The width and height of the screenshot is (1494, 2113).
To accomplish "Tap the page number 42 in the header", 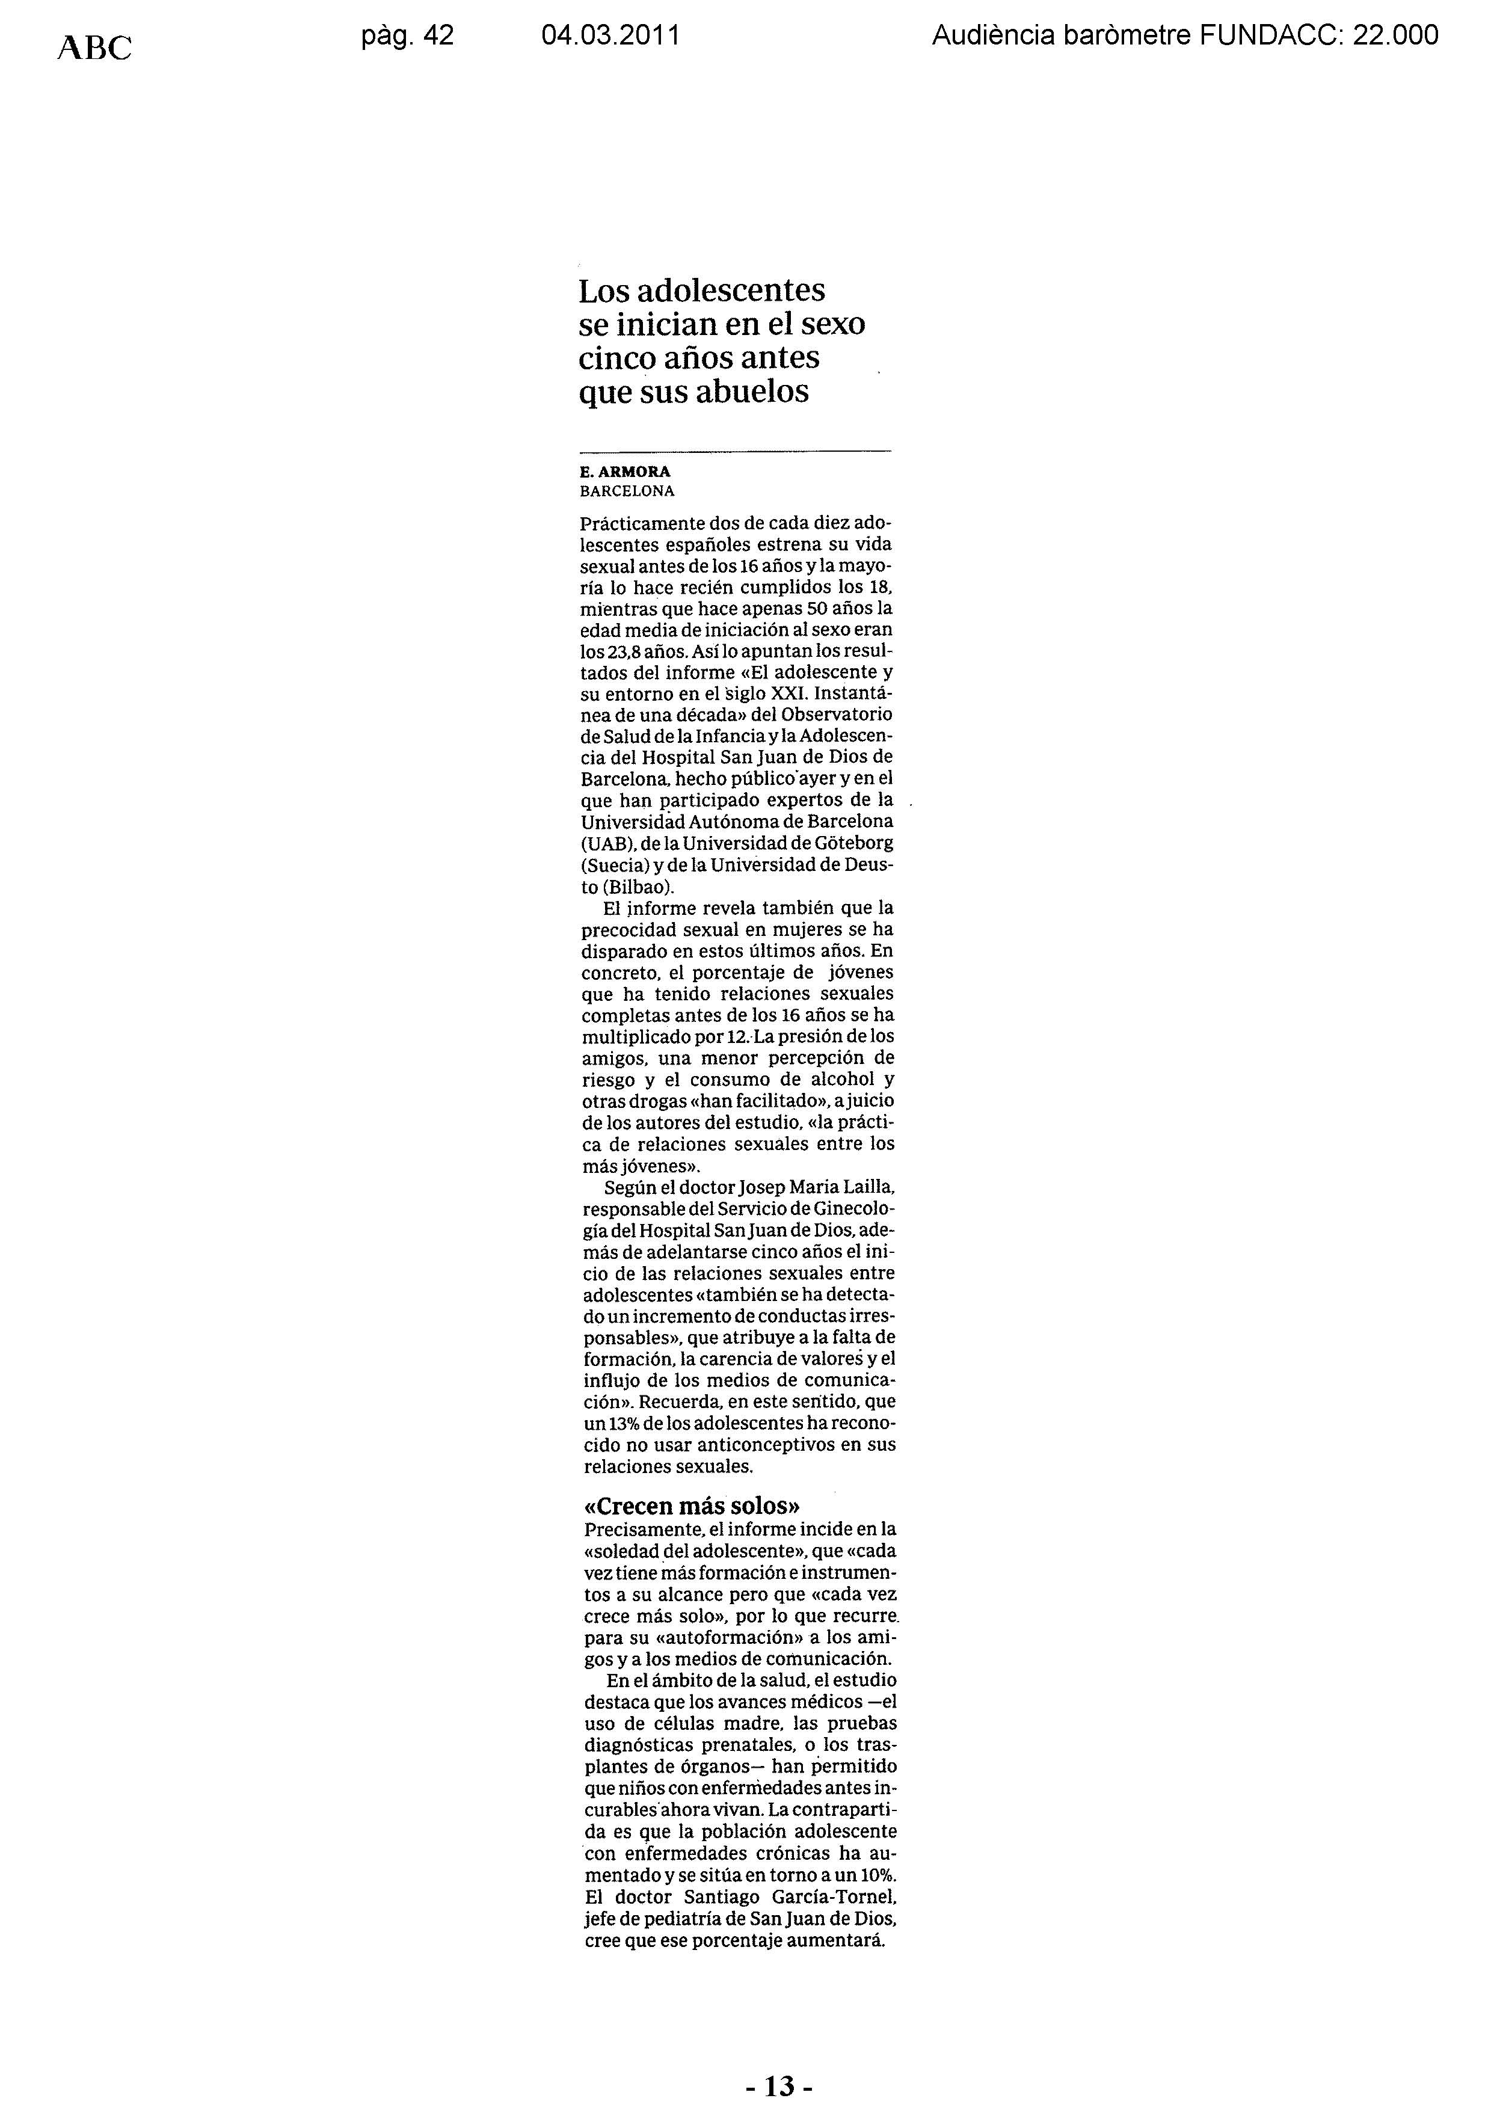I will coord(438,36).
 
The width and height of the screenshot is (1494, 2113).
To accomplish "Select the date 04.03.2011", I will coord(610,36).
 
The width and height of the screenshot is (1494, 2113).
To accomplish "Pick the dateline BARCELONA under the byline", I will coord(627,491).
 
